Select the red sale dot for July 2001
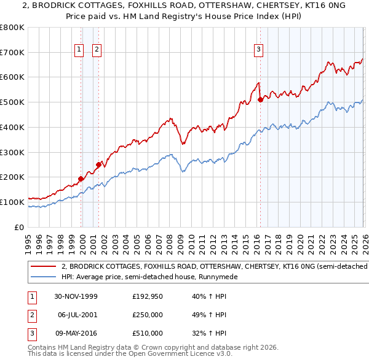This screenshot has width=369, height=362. point(98,164)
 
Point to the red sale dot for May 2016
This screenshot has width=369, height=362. point(260,99)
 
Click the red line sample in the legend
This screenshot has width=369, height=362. point(43,267)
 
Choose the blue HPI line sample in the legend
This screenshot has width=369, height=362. point(43,277)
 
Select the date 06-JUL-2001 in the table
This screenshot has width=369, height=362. point(77,315)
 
